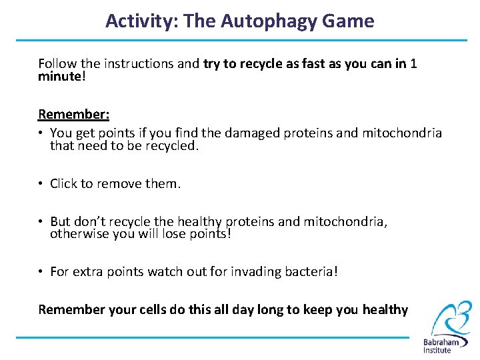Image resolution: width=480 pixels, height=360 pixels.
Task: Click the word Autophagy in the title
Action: coord(256,21)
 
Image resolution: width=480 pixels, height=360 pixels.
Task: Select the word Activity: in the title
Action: coord(141,21)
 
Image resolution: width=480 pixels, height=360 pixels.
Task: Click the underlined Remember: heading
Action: coord(73,114)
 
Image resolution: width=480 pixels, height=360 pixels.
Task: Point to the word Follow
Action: coord(57,64)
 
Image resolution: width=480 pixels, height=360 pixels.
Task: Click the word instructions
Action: coord(141,64)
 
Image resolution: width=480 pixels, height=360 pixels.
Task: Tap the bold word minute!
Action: coord(61,77)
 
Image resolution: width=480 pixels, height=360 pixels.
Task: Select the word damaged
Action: coord(252,133)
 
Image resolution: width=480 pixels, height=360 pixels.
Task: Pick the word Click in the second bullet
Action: coord(64,183)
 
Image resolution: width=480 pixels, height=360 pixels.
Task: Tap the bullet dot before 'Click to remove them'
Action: coord(41,184)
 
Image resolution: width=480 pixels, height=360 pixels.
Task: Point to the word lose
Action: coord(175,234)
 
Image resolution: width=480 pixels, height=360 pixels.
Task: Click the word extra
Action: coord(87,272)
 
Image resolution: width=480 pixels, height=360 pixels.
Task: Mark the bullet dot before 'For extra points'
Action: coord(41,272)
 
